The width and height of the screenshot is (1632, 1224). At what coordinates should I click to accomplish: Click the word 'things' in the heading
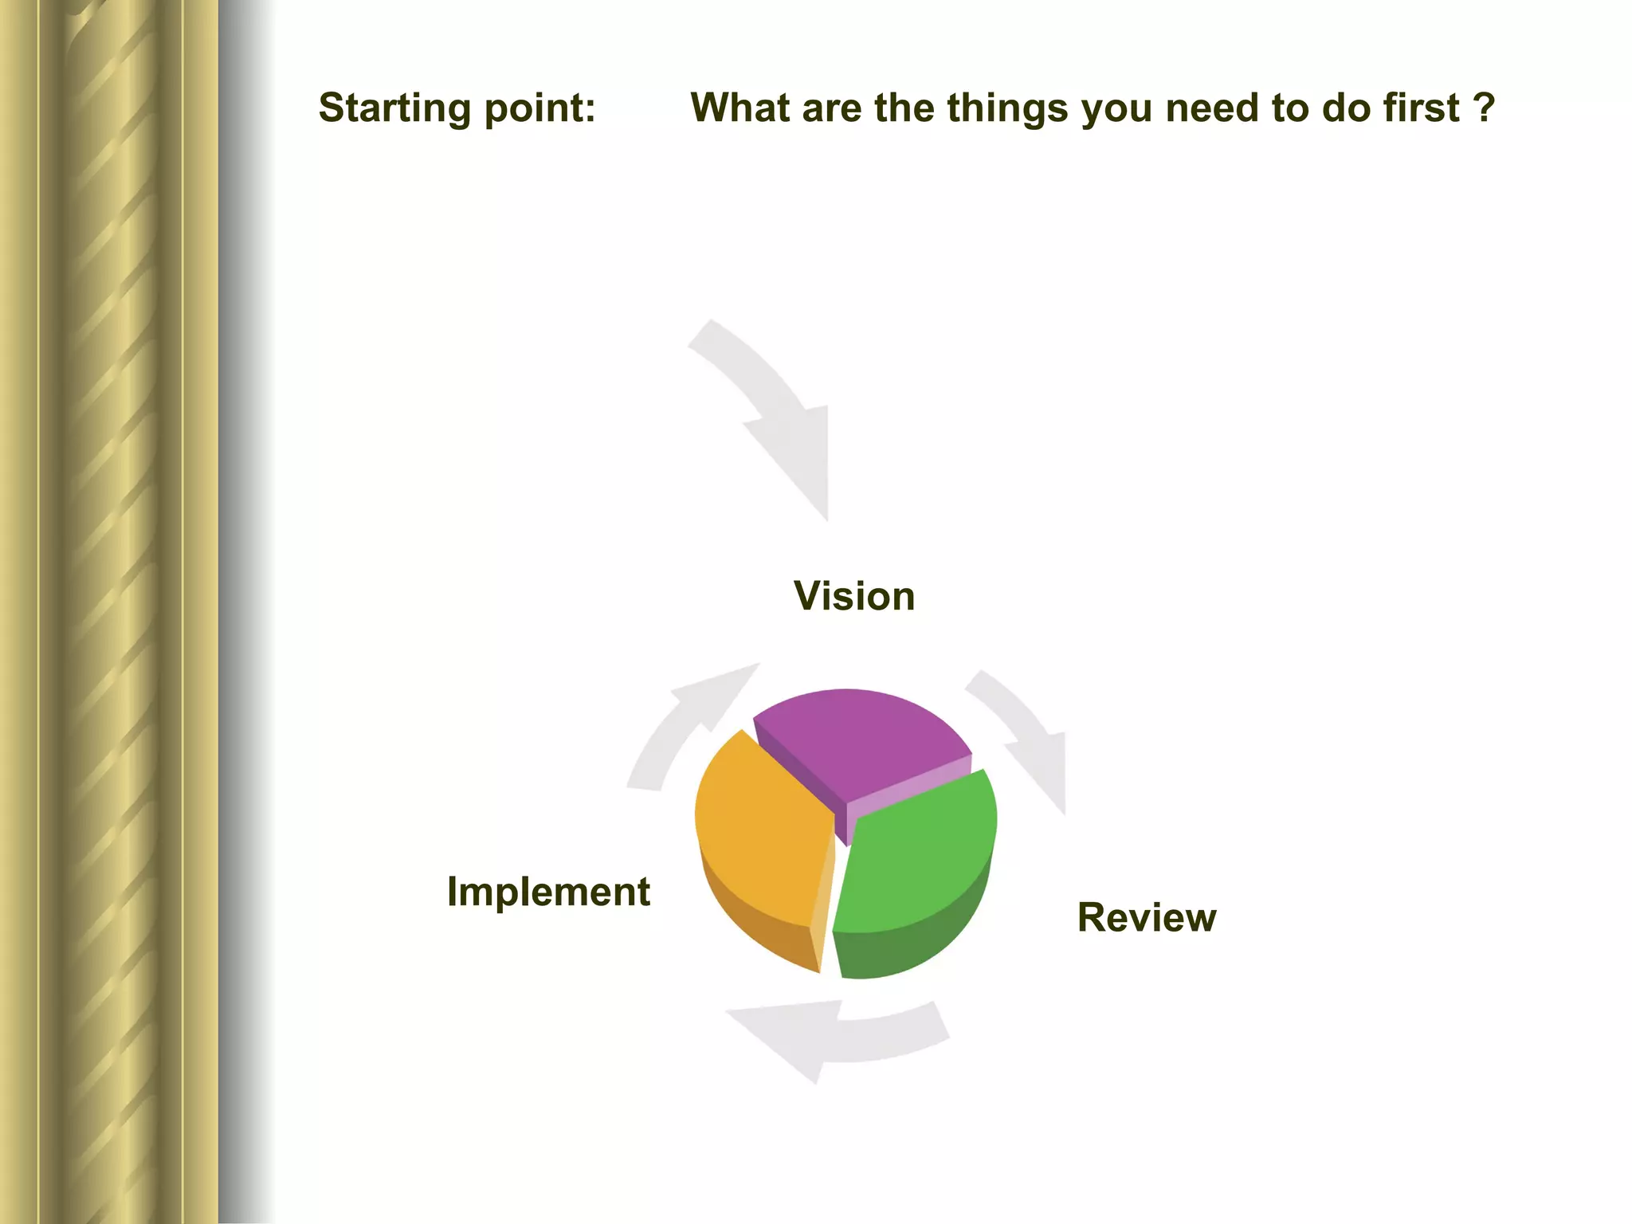click(1006, 108)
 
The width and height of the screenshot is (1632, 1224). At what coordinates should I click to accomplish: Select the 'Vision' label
click(854, 596)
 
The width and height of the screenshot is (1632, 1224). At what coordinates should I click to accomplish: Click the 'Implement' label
click(548, 891)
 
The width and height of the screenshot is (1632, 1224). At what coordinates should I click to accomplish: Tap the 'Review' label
click(1147, 917)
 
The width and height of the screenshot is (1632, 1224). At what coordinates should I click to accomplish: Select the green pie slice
click(916, 861)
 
